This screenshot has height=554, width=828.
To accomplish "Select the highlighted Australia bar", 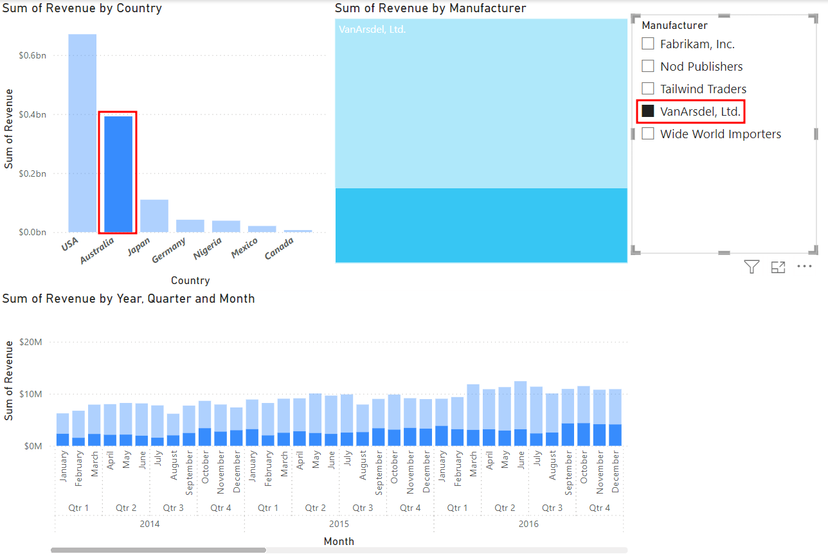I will (x=118, y=174).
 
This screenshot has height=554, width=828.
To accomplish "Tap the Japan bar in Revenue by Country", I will (x=154, y=215).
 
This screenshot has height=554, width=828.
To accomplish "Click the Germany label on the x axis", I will (x=169, y=250).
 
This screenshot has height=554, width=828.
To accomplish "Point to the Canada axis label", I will (x=280, y=249).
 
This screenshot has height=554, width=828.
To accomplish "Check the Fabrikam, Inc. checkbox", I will (x=648, y=44).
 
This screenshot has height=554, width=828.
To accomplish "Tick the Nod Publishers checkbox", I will (x=648, y=66).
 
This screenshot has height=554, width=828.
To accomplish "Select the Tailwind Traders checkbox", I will (x=648, y=89).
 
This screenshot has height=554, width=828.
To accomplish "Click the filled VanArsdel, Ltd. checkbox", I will (x=648, y=111).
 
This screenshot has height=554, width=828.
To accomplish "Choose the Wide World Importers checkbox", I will (x=648, y=134).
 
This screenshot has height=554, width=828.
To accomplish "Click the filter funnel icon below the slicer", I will (x=751, y=267).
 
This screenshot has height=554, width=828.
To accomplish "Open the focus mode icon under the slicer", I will (x=778, y=267).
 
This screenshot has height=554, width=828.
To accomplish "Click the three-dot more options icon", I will (x=804, y=267).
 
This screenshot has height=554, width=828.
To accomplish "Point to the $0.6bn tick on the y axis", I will (x=32, y=56).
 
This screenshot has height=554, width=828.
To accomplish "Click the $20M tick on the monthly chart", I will (x=32, y=342).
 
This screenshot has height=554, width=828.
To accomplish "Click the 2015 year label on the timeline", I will (x=339, y=524).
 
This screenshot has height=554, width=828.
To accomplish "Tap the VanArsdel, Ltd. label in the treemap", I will (x=372, y=29).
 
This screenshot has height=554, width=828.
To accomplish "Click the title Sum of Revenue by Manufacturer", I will (x=430, y=8).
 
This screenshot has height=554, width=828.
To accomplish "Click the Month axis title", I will (x=339, y=541).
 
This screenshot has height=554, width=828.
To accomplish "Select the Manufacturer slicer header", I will (x=674, y=26).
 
